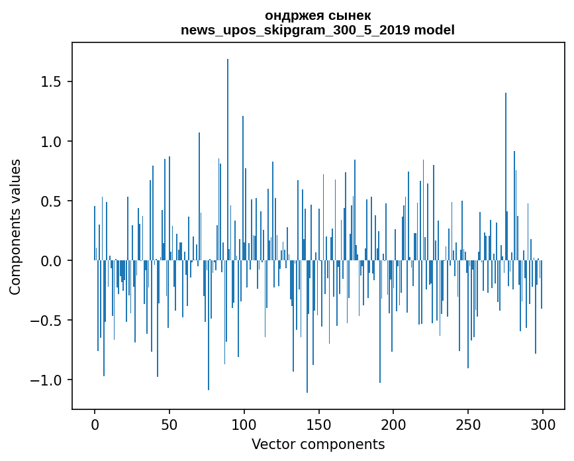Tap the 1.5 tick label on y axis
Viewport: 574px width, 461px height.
click(52, 82)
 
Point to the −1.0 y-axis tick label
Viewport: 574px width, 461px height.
click(48, 380)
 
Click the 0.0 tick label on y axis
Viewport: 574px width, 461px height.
click(52, 261)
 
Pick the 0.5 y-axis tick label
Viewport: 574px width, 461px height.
click(52, 201)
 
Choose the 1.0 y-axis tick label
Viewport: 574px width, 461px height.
click(52, 142)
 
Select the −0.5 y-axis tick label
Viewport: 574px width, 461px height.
click(48, 321)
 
